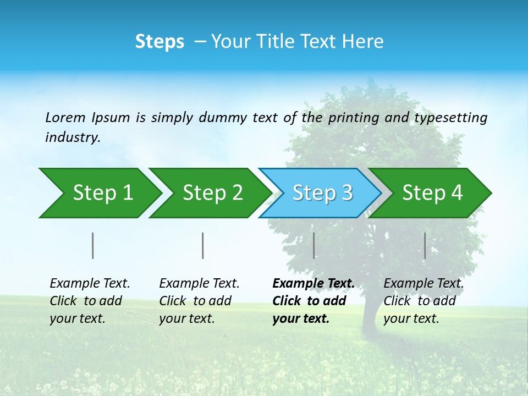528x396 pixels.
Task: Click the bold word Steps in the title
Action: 159,42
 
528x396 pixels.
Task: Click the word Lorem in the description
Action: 65,118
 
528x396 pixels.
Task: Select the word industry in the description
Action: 73,137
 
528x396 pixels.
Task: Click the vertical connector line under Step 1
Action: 92,245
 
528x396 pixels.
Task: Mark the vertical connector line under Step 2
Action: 203,245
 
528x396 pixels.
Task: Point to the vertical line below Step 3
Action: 313,245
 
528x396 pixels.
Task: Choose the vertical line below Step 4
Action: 425,245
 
